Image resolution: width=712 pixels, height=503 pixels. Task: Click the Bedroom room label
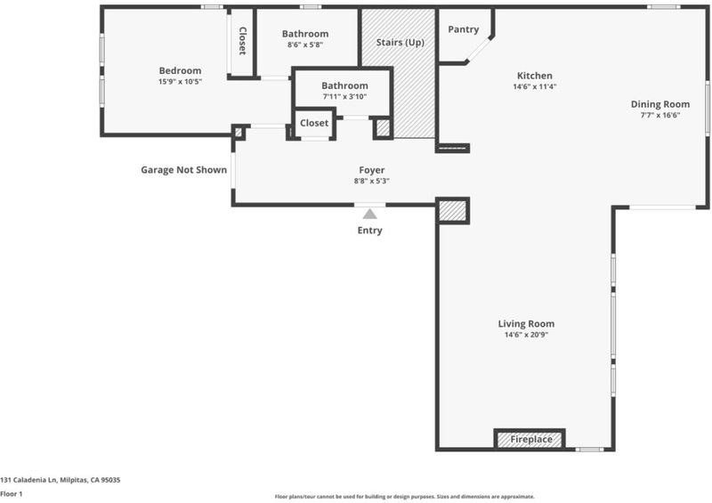click(x=181, y=70)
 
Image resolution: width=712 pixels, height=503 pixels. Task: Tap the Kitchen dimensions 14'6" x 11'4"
click(x=535, y=86)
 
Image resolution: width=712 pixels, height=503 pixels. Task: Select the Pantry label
click(x=463, y=29)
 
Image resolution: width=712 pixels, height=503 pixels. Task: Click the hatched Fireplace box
click(x=530, y=440)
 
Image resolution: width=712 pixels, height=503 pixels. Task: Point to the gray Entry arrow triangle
click(x=369, y=214)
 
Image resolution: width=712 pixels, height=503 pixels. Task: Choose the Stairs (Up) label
click(x=400, y=42)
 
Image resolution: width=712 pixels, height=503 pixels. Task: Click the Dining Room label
click(x=660, y=104)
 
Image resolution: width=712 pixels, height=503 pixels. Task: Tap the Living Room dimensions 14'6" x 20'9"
click(x=526, y=335)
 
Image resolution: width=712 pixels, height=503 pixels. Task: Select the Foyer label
click(x=372, y=170)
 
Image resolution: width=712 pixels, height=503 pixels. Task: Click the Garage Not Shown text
click(x=184, y=170)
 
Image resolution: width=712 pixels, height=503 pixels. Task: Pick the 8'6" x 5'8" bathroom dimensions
click(x=305, y=45)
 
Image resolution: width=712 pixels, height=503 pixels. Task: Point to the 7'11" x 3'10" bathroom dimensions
click(x=344, y=96)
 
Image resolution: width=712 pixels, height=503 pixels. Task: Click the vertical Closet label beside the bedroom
click(x=242, y=41)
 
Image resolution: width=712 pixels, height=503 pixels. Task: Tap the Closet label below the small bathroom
click(x=314, y=123)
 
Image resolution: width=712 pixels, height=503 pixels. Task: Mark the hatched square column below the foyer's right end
click(x=453, y=211)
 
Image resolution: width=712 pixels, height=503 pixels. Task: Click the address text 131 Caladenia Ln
click(x=28, y=480)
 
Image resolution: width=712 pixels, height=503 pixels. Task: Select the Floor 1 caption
click(x=11, y=494)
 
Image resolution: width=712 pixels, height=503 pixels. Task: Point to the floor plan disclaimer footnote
click(x=405, y=497)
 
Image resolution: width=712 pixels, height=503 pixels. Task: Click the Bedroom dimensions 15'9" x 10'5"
click(x=181, y=82)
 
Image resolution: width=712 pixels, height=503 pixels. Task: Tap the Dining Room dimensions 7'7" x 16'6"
click(x=660, y=115)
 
